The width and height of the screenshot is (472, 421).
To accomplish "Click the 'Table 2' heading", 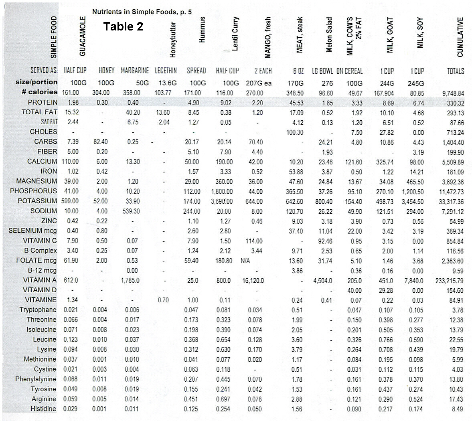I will coord(123,26).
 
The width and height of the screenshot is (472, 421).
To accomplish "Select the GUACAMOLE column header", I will coord(83,36).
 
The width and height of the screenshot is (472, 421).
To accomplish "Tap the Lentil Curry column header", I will coord(235,34).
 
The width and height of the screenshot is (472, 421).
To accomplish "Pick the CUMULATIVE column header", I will coord(460,37).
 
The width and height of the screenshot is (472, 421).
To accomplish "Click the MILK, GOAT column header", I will coord(390,37).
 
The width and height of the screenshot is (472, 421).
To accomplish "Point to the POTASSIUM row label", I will coord(37,201).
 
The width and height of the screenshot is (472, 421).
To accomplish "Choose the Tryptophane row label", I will coord(38,310).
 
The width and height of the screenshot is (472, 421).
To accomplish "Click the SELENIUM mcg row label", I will coord(32,231).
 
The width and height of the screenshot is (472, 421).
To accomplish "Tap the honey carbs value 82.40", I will coord(100,142).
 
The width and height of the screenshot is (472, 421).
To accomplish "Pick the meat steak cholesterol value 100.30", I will coord(295,132).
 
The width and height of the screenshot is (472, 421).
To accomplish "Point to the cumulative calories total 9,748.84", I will coord(453,93).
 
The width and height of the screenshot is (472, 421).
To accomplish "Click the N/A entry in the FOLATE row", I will coord(245,261).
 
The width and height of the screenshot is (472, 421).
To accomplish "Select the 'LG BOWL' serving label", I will coord(322,71).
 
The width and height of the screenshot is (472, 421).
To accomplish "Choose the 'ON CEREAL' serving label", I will coord(349,71).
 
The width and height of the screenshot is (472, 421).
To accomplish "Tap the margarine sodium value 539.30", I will coord(131,211).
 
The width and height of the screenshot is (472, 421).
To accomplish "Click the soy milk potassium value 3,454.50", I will coord(412,201).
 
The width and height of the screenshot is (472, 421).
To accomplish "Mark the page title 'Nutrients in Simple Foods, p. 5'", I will coord(142,12).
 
